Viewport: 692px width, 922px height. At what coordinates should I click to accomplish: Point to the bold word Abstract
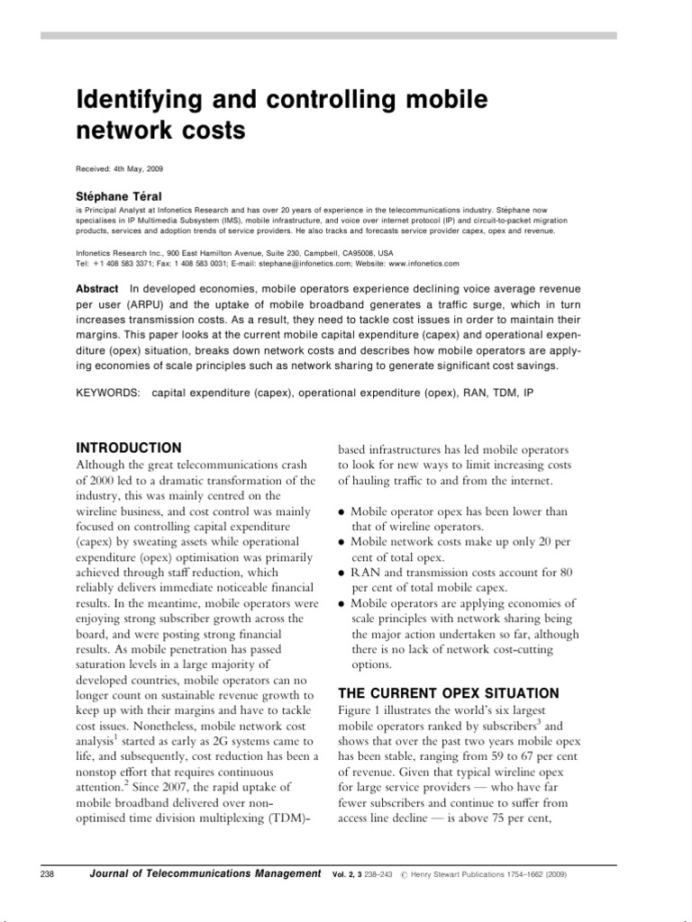pos(96,288)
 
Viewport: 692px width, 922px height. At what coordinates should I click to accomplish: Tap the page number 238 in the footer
pos(50,874)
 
